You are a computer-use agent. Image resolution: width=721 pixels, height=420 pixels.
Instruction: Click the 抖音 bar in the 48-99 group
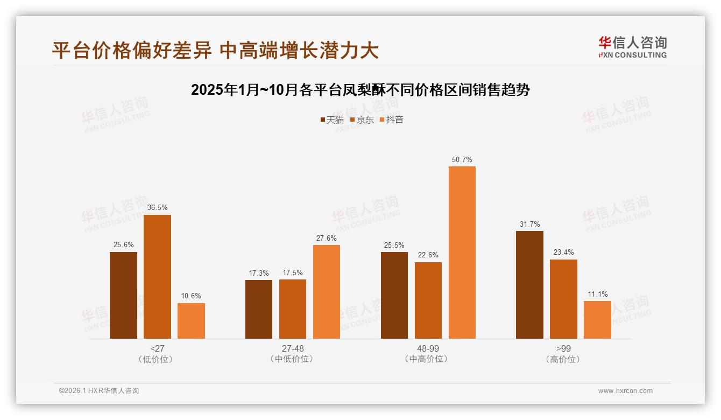click(462, 253)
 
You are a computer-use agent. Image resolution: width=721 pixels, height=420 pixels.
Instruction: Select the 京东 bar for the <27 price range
click(157, 277)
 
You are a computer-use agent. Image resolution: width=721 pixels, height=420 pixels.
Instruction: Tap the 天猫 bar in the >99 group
click(529, 285)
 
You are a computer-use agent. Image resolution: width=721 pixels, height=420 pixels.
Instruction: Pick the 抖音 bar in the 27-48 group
click(327, 292)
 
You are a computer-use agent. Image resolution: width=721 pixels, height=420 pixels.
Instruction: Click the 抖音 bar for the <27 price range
click(191, 321)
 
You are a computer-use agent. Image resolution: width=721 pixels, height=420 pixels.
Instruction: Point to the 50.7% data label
click(462, 160)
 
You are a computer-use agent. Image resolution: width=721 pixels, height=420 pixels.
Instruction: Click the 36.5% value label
click(157, 208)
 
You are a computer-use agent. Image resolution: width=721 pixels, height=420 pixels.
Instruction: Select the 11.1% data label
click(598, 295)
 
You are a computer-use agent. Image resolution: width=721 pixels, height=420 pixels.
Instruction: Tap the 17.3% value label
click(259, 274)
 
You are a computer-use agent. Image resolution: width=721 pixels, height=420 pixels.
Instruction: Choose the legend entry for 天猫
click(332, 120)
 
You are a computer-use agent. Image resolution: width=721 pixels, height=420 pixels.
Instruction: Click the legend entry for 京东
click(362, 120)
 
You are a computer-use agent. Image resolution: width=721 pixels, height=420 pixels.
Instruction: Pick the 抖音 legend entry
click(392, 120)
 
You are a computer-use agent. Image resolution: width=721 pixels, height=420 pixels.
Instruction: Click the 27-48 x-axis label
click(293, 348)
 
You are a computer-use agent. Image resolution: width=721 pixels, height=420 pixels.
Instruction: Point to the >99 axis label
click(563, 348)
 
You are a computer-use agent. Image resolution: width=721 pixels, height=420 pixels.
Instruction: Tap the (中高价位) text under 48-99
click(428, 359)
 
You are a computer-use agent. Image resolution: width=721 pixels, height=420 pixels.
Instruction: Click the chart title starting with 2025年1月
click(360, 90)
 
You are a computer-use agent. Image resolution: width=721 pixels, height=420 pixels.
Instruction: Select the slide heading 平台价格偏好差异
click(215, 50)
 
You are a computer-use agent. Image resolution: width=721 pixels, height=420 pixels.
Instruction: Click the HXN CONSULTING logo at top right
click(632, 47)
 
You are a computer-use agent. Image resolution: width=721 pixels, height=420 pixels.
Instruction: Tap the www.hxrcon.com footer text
click(625, 391)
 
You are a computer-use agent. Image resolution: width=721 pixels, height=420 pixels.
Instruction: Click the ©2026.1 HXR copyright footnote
click(99, 391)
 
